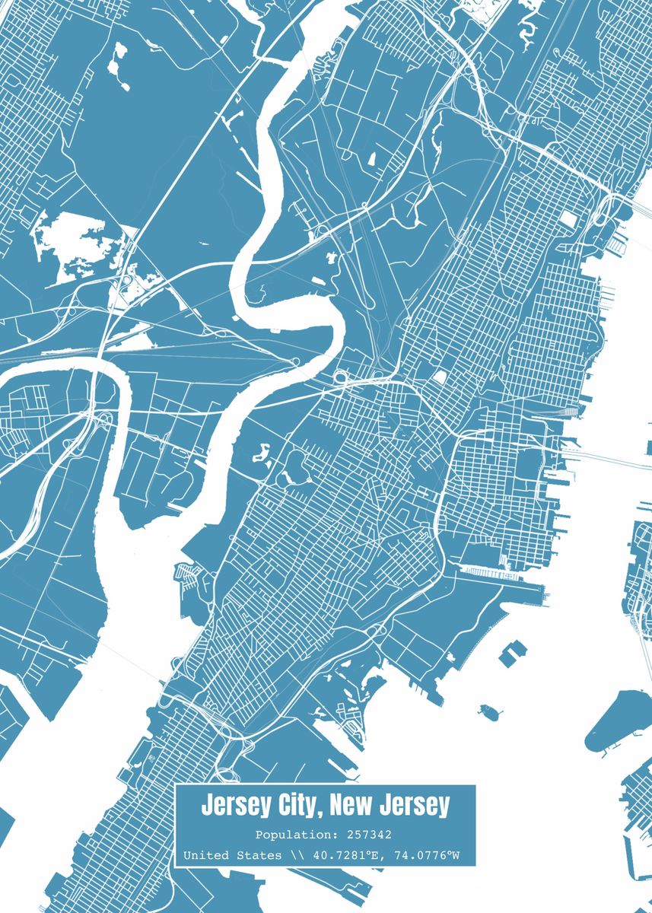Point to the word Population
(x=285, y=834)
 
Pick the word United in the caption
(x=205, y=856)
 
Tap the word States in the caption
(x=259, y=856)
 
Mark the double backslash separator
(x=297, y=856)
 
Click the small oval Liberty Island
(x=491, y=713)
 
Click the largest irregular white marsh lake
(x=80, y=240)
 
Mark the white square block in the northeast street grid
(x=568, y=219)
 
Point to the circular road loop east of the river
(x=340, y=376)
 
